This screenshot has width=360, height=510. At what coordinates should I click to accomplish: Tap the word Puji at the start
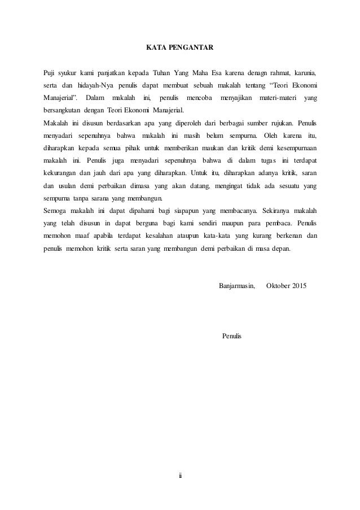click(x=50, y=72)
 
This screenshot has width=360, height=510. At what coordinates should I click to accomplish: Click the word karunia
click(x=304, y=72)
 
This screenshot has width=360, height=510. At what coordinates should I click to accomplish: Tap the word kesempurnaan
click(x=290, y=147)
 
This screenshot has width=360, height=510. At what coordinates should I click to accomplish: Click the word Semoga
click(x=56, y=210)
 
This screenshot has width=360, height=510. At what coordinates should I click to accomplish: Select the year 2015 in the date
click(x=297, y=285)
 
